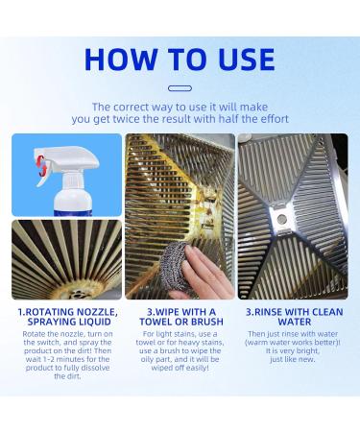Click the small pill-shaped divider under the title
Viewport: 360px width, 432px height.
(x=180, y=88)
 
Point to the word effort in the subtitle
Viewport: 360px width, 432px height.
(x=273, y=119)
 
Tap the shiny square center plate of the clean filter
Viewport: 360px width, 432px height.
(x=281, y=219)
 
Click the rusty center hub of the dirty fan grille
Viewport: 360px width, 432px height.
(x=75, y=292)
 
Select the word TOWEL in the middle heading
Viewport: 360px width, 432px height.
(x=156, y=322)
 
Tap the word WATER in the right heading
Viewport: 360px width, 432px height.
(x=295, y=322)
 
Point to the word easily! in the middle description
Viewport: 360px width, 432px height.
(x=197, y=368)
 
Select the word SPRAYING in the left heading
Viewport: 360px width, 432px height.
(x=49, y=322)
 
